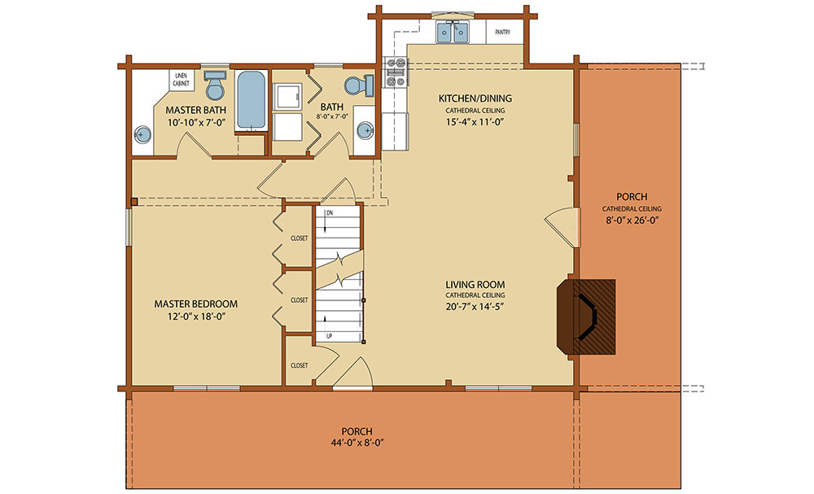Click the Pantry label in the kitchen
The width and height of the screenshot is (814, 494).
pos(502,33)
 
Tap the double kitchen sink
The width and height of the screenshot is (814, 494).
pos(453,33)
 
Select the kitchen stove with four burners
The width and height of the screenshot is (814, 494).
pos(396,72)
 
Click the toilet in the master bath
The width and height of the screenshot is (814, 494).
pos(214,85)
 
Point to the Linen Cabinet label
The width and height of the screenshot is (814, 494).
pos(181,80)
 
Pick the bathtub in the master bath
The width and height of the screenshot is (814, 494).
pos(252,100)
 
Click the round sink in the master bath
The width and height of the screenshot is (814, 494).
pos(142,135)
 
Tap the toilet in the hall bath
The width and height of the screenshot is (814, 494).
pos(359,85)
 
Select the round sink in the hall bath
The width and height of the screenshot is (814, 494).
pos(365,130)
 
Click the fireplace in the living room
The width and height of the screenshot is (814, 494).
pos(586,317)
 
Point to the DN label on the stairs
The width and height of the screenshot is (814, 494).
pos(329,213)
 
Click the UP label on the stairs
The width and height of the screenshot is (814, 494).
pos(329,336)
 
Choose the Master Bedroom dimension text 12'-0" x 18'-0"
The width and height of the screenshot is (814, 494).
pos(195,317)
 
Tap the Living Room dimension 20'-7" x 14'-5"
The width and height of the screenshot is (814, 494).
pos(475,307)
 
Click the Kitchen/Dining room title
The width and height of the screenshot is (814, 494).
pos(475,98)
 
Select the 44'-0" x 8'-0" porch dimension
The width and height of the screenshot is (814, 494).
pos(357,444)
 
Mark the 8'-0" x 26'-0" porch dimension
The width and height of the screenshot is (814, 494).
pos(632,220)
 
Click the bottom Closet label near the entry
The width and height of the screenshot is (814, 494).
pos(299,365)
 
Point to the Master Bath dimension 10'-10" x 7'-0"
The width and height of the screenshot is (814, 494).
pos(195,122)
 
